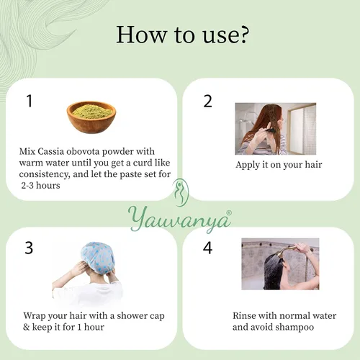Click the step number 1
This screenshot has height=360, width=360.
pyautogui.click(x=30, y=101)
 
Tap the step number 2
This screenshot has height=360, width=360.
pyautogui.click(x=207, y=101)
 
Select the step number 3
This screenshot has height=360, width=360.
pyautogui.click(x=29, y=248)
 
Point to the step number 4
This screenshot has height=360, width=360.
pyautogui.click(x=207, y=248)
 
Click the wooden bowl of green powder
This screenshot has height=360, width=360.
pyautogui.click(x=91, y=117)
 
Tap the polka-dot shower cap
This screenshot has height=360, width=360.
pyautogui.click(x=98, y=257)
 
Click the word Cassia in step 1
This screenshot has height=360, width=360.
pyautogui.click(x=50, y=151)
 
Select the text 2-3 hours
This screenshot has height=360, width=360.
pyautogui.click(x=40, y=186)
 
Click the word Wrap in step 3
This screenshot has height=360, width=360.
pyautogui.click(x=34, y=316)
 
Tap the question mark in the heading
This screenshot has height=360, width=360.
pyautogui.click(x=243, y=35)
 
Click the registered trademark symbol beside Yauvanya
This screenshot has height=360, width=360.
pyautogui.click(x=229, y=212)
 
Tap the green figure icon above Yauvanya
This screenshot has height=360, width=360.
pyautogui.click(x=181, y=192)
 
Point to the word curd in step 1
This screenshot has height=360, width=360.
pyautogui.click(x=143, y=163)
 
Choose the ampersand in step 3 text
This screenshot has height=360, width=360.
pyautogui.click(x=26, y=327)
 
